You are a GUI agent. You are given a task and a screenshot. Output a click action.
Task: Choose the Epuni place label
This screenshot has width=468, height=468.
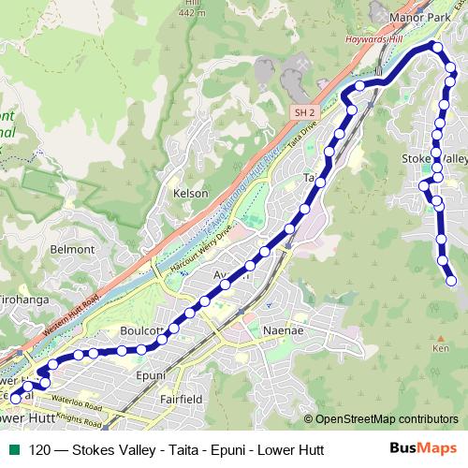pos(151,375)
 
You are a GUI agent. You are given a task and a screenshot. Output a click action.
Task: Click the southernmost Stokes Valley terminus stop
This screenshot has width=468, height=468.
pos(452,280)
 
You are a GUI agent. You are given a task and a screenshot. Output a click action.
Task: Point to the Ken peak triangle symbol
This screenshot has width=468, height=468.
pos(440,338)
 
